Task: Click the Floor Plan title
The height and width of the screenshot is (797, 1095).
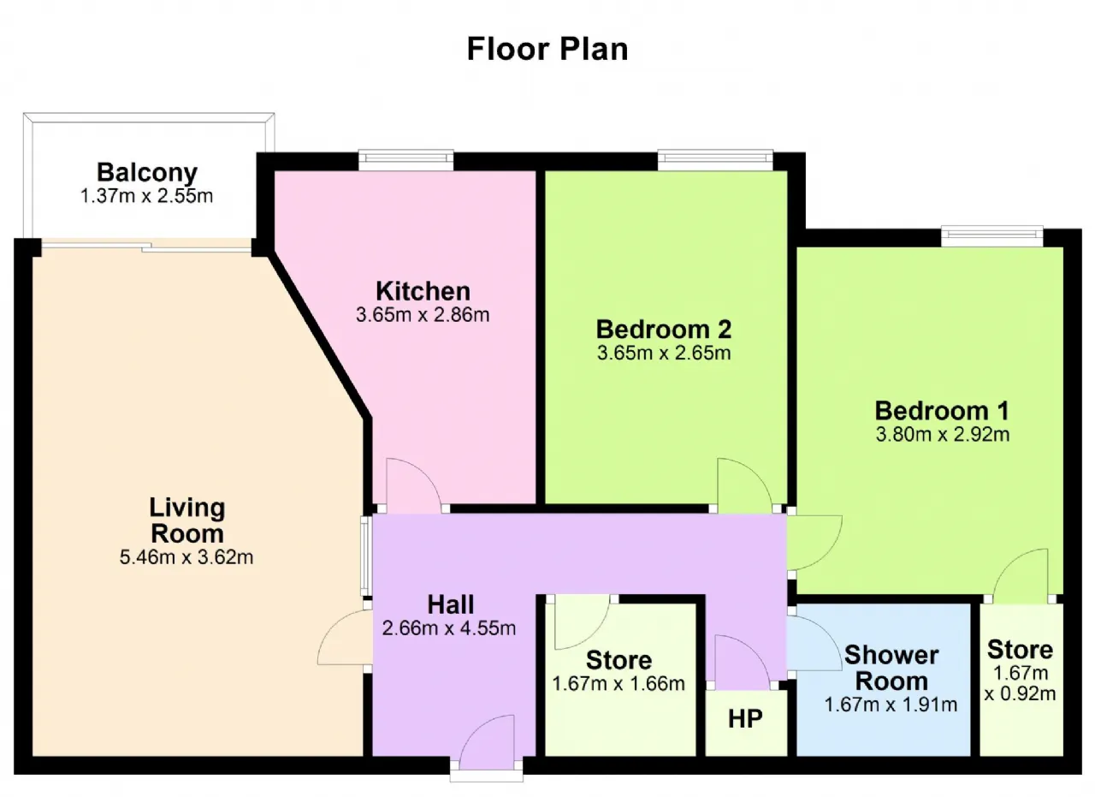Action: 547,49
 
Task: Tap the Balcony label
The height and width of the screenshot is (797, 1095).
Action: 147,172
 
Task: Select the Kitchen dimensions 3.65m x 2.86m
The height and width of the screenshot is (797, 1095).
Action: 423,314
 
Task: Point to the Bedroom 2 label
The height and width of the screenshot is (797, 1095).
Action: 664,330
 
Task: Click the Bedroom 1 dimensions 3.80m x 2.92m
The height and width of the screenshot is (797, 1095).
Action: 943,435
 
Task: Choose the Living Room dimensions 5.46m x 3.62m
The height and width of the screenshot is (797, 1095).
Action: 186,557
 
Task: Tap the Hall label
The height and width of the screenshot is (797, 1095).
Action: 451,604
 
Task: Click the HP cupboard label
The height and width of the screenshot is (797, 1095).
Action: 745,719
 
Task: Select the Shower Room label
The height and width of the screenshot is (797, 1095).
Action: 891,669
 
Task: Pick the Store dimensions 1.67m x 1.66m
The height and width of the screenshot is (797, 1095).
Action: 619,683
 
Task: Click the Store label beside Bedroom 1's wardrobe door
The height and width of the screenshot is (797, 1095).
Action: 1021,650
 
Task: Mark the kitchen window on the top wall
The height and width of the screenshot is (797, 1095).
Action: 406,159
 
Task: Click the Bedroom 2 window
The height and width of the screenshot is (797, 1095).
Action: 715,159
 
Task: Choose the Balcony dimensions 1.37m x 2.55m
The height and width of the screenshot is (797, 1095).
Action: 146,196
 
